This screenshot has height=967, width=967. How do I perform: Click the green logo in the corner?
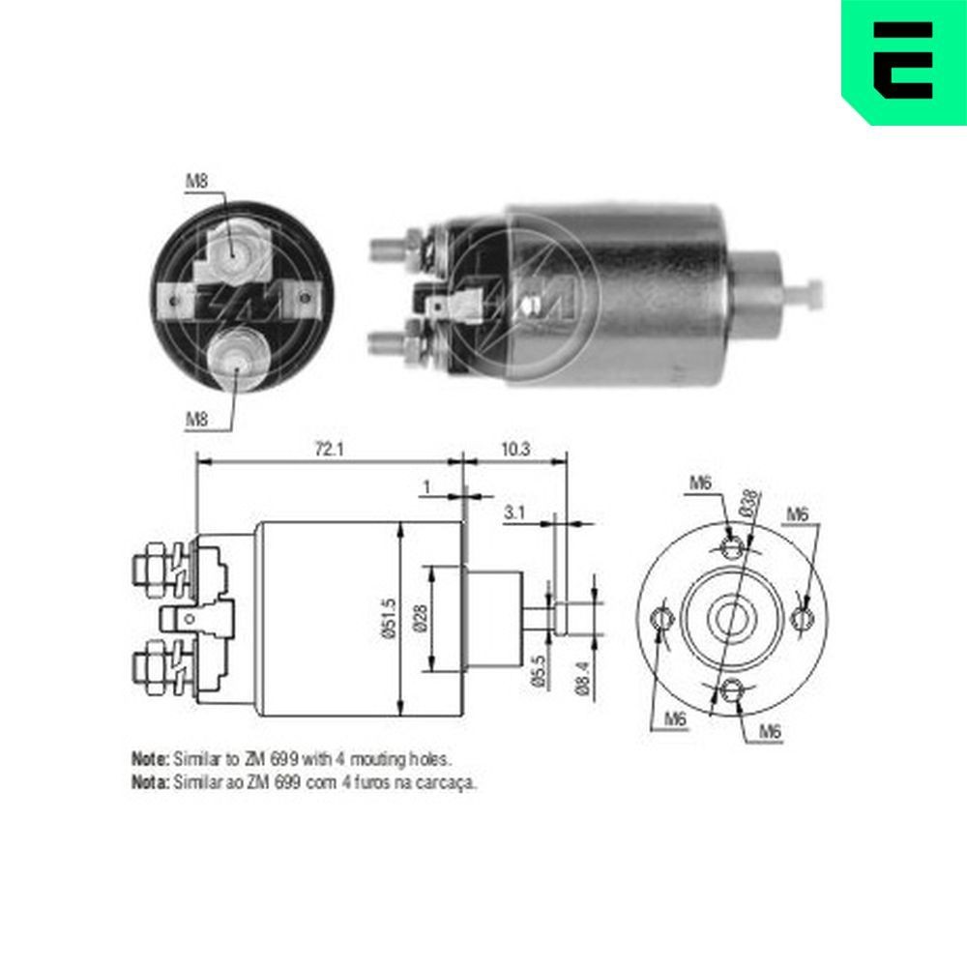(903, 60)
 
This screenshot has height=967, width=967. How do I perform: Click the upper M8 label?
(196, 181)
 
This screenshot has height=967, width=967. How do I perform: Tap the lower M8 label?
(196, 419)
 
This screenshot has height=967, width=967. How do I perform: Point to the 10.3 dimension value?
(515, 448)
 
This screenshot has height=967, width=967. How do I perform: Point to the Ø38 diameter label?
(748, 502)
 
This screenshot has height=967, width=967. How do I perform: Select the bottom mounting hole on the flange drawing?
(732, 689)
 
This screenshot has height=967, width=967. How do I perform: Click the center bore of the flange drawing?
(732, 617)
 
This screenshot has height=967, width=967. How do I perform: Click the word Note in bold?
(150, 759)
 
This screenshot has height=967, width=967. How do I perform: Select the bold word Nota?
(150, 782)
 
